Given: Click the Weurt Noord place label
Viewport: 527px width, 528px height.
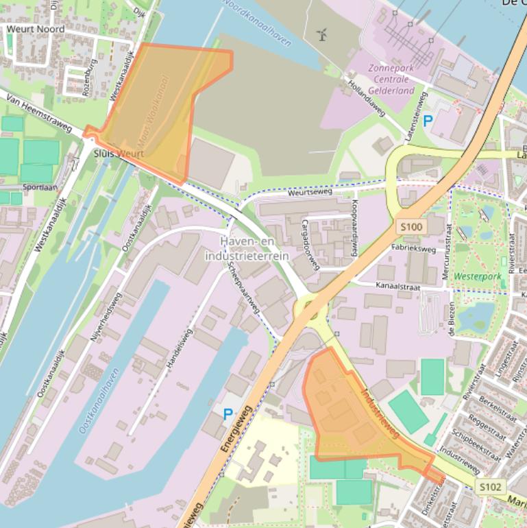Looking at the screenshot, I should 36,29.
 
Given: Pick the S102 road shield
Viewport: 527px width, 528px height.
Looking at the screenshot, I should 491,487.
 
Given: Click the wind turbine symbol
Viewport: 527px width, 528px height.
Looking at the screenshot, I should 322,34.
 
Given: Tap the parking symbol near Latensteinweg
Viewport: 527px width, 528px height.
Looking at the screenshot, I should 428,122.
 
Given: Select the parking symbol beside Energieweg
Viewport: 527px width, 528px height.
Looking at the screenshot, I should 228,413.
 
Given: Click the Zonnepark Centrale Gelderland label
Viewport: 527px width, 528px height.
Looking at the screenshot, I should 391,80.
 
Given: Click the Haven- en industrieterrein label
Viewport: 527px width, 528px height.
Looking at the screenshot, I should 247,249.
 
